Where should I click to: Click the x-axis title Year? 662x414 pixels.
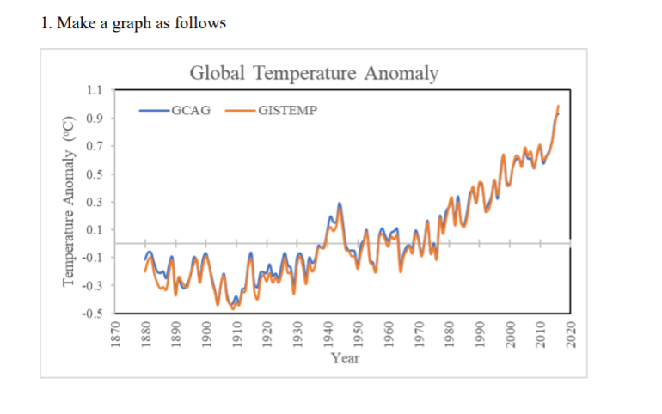pyautogui.click(x=346, y=357)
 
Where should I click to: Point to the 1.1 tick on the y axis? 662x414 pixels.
pyautogui.click(x=95, y=90)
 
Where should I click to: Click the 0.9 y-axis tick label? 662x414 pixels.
pyautogui.click(x=95, y=119)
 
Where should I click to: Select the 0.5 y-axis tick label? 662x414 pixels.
pyautogui.click(x=95, y=174)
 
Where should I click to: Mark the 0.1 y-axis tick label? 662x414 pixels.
pyautogui.click(x=95, y=230)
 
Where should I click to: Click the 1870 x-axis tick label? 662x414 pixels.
pyautogui.click(x=114, y=332)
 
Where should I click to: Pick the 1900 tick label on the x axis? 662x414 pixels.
pyautogui.click(x=205, y=332)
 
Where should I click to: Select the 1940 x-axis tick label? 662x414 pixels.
pyautogui.click(x=327, y=332)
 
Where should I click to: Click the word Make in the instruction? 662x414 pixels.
pyautogui.click(x=73, y=23)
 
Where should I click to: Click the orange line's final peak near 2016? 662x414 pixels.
pyautogui.click(x=558, y=106)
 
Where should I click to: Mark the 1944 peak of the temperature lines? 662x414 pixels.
pyautogui.click(x=340, y=204)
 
